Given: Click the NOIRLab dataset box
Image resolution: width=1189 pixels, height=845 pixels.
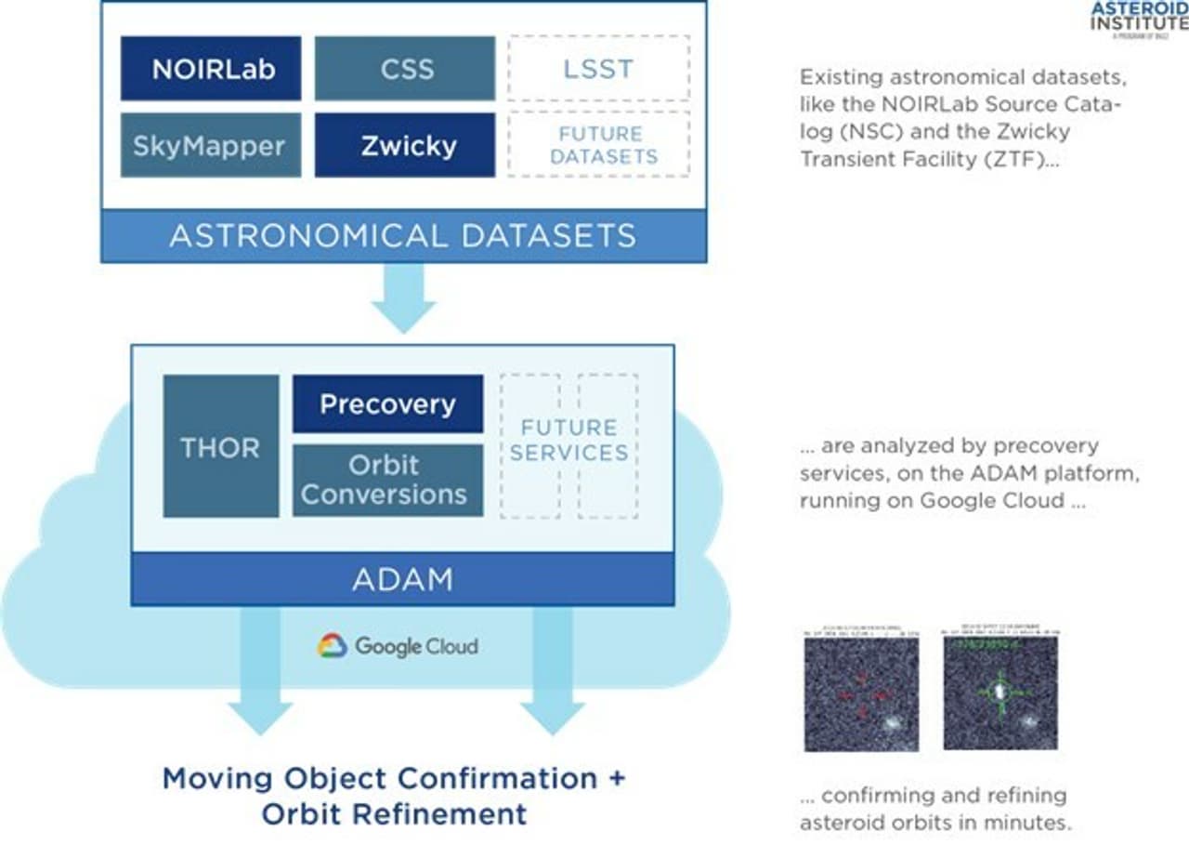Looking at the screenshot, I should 211,68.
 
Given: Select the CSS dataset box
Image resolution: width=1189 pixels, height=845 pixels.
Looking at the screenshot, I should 404,68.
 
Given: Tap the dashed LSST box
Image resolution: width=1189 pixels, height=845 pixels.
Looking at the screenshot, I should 598,68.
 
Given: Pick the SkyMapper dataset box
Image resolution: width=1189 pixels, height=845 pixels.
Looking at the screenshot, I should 211,145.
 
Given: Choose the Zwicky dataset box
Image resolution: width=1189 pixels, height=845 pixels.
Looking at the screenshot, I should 404,145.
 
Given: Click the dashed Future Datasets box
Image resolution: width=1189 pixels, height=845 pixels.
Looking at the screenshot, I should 598,145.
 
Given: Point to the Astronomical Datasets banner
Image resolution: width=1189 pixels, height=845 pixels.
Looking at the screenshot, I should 403,235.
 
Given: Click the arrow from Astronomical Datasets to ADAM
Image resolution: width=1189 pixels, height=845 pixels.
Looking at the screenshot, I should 403,297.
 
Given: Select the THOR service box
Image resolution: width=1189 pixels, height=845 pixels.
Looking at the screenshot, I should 220,446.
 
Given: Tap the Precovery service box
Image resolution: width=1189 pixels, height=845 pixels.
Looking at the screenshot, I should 387,404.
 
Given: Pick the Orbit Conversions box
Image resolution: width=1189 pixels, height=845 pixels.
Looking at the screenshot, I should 387,480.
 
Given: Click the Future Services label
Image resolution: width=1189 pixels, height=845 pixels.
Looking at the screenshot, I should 568,441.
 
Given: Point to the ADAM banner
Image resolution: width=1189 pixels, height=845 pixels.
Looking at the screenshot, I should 402,579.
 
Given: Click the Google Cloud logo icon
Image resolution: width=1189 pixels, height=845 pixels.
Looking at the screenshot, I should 332,645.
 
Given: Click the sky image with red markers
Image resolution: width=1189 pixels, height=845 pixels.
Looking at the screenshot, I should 861,693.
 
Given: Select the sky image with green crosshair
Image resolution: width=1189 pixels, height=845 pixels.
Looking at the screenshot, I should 1000,693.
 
